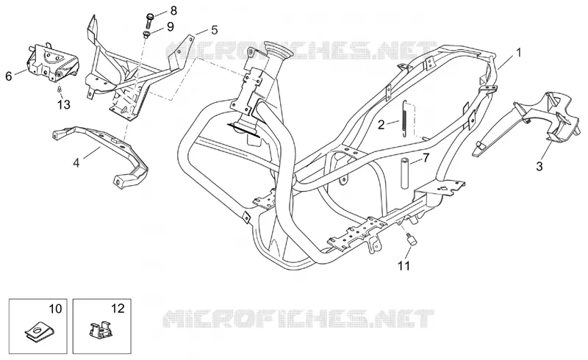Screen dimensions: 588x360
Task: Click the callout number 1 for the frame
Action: [x=519, y=52]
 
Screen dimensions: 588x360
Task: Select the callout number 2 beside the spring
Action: [x=381, y=124]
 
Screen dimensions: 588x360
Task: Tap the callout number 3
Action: [x=539, y=166]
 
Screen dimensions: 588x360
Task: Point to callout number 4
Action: [x=76, y=163]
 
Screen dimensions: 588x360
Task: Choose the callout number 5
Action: [x=214, y=30]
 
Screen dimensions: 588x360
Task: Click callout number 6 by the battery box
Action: [x=9, y=76]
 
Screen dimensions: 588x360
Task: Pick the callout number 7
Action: [x=426, y=158]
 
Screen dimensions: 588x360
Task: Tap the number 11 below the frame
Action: [x=404, y=266]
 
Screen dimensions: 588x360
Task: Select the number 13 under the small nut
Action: [x=64, y=104]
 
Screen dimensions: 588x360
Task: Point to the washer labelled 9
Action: [x=146, y=35]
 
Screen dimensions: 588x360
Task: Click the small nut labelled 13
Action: [x=59, y=89]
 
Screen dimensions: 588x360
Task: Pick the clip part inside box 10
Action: [x=38, y=332]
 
